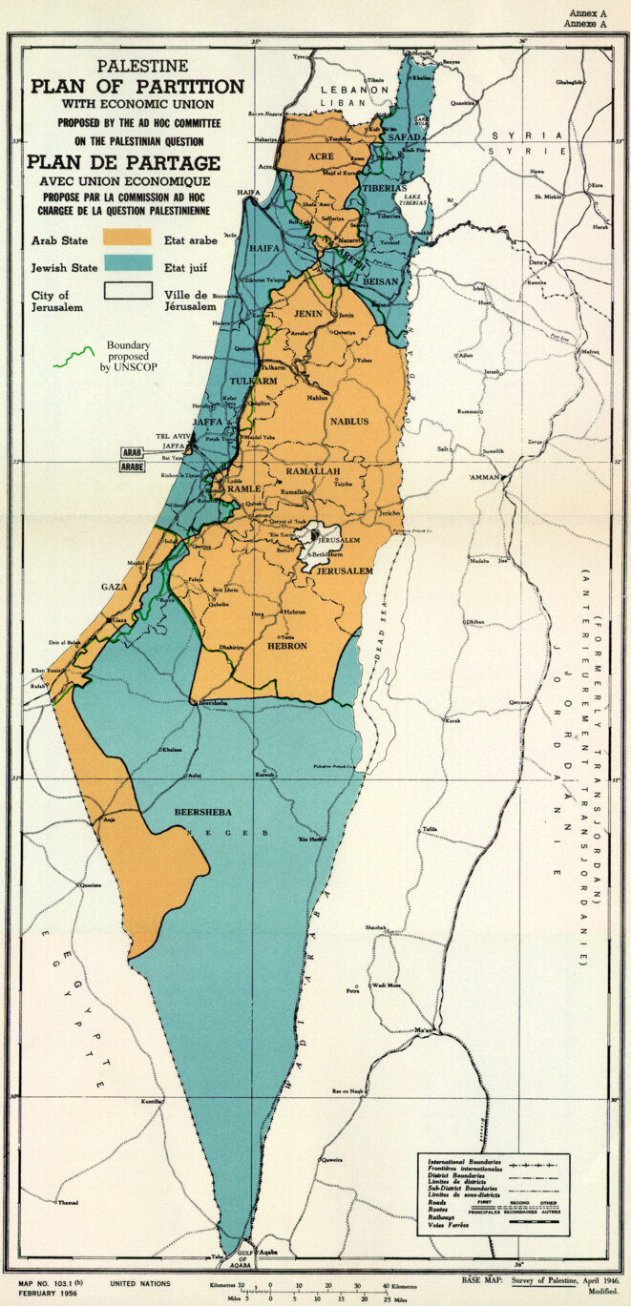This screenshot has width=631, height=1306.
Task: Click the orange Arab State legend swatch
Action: coord(128,235)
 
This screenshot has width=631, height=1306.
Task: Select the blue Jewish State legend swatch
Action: coord(128,262)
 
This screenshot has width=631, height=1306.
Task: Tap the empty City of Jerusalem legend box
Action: coord(128,290)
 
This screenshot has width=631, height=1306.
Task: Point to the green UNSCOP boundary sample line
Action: coord(74,358)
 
